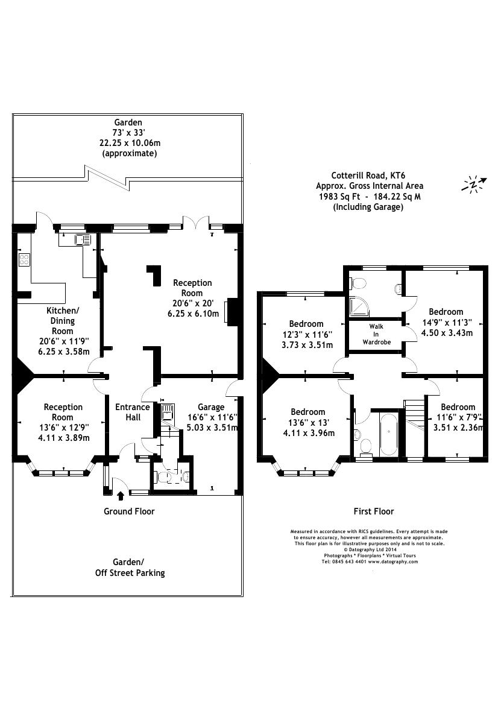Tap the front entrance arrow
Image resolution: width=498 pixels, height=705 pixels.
pos(121,496)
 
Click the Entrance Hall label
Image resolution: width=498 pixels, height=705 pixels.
pos(133,412)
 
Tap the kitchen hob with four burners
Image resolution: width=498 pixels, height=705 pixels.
pos(25,260)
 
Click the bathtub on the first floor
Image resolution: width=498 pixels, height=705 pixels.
pos(388,434)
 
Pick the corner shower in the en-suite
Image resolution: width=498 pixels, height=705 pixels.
pos(361,306)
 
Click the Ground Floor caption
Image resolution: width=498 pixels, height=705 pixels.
pos(129,511)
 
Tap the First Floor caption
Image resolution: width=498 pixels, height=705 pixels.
pos(373,511)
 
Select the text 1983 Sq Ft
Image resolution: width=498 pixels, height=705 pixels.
pos(338,197)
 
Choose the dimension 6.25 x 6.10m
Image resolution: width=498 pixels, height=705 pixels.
pos(192,314)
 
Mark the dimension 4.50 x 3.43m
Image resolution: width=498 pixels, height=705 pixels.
pos(446,332)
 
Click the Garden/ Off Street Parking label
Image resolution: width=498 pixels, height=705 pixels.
pos(130,567)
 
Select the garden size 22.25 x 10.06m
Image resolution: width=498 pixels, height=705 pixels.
pos(130,143)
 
